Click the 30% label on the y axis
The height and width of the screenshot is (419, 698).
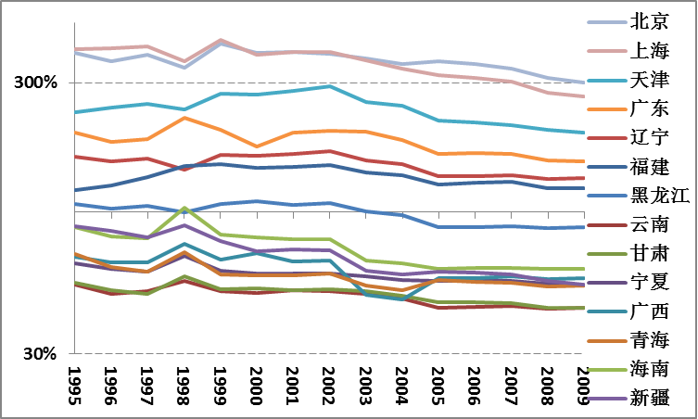(x=39, y=354)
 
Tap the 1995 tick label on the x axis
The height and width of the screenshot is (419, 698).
(x=75, y=382)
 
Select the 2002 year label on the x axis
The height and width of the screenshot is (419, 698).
(x=327, y=382)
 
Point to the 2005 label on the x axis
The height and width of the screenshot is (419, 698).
(x=436, y=382)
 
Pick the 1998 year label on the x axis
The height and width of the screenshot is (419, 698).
(x=184, y=382)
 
